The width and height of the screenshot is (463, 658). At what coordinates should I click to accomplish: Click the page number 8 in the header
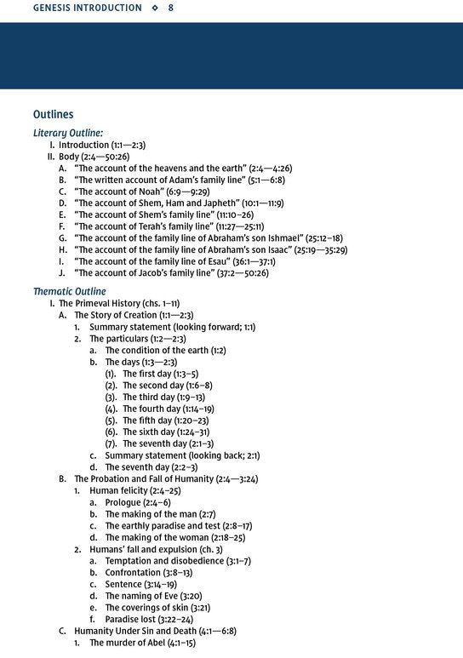(x=171, y=8)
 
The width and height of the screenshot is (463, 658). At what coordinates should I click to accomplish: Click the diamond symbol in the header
(x=155, y=8)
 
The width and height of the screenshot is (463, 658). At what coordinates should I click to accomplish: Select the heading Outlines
(x=53, y=114)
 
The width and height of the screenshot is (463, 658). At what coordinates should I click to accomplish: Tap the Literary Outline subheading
(x=68, y=133)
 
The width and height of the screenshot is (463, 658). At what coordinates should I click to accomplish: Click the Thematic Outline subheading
(x=69, y=291)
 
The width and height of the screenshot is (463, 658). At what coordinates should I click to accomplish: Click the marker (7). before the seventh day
(x=111, y=443)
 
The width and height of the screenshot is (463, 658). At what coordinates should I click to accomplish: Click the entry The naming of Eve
(x=152, y=596)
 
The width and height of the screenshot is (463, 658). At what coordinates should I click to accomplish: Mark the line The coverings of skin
(x=158, y=608)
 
